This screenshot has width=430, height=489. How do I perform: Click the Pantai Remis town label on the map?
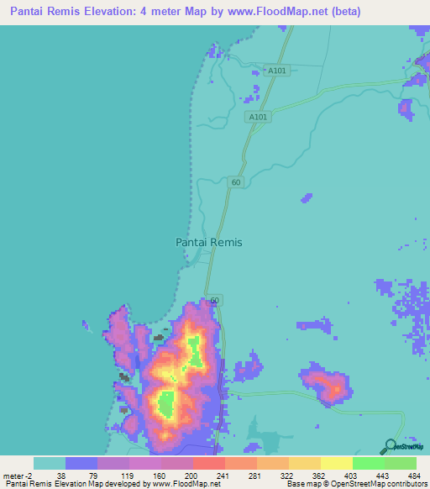click(209, 242)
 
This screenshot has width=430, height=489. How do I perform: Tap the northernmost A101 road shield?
click(277, 71)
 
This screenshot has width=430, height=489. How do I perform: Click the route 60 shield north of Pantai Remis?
click(236, 181)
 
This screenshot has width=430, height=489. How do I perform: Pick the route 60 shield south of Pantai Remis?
click(215, 300)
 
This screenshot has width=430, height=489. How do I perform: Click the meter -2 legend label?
click(18, 476)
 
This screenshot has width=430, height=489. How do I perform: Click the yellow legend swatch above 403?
click(336, 463)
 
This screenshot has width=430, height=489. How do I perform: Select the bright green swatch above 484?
click(401, 463)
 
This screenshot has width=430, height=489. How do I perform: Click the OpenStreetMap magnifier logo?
click(389, 448)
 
